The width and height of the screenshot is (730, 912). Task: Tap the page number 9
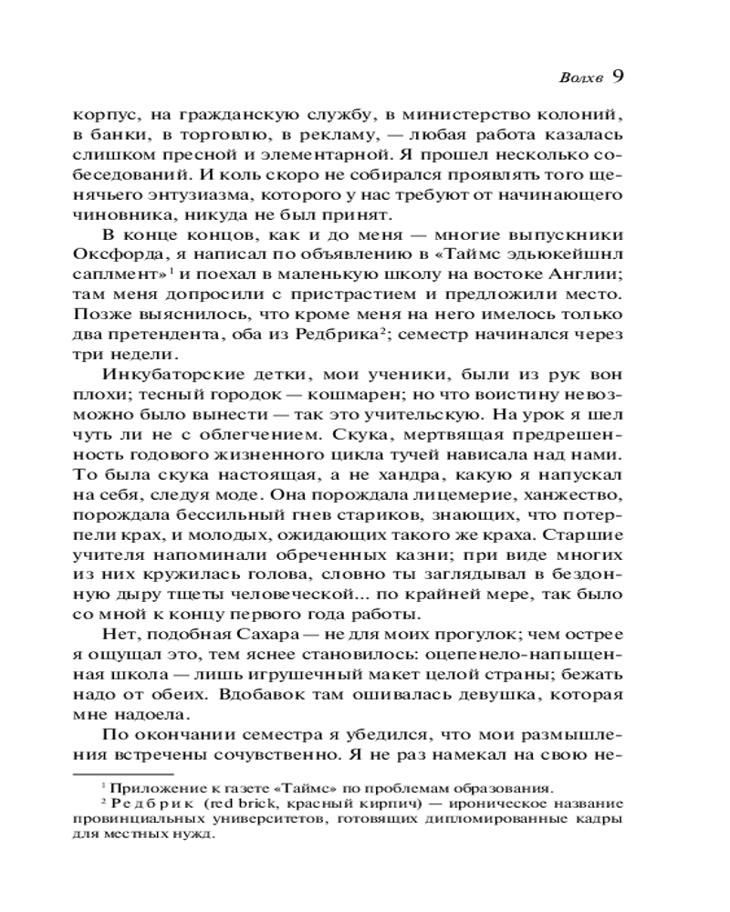coord(617,77)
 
